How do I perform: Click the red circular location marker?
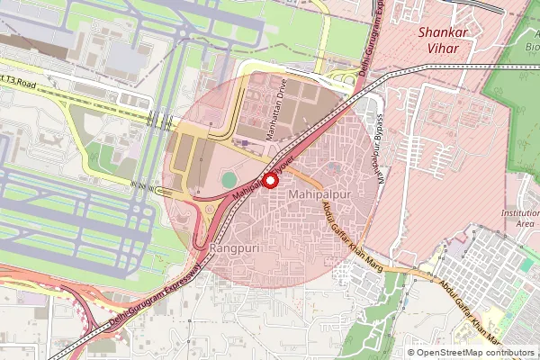click(x=269, y=178)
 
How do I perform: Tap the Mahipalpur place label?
click(x=319, y=194)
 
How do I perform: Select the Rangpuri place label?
click(x=235, y=247)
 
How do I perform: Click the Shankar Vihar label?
click(x=445, y=41)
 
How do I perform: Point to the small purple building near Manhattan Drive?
click(x=245, y=141)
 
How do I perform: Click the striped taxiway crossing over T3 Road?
click(x=159, y=120)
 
